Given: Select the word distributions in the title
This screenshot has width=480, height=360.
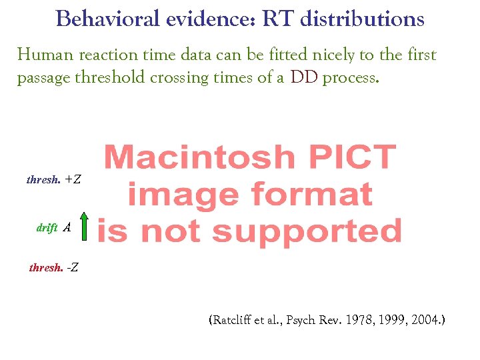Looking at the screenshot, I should (362, 19).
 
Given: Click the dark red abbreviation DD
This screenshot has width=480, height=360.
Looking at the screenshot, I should (304, 78).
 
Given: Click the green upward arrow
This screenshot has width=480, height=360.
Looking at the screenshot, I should (84, 225).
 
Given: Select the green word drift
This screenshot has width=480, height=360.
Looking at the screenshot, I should (47, 228).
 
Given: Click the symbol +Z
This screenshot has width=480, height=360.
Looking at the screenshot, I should (73, 179).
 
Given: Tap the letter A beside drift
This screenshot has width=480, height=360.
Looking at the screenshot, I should (67, 227).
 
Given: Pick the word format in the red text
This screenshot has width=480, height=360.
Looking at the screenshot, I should (313, 195).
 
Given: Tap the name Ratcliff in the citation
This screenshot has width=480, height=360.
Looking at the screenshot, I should (234, 321).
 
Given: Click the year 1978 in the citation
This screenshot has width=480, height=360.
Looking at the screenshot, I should (354, 321).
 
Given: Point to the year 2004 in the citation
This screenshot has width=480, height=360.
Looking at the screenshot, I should (425, 321).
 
